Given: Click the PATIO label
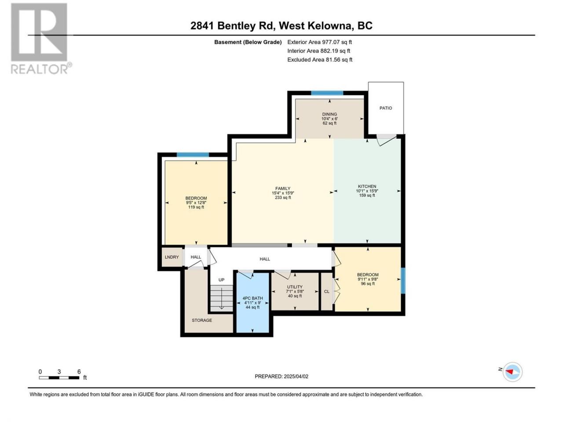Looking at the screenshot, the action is point(385,108).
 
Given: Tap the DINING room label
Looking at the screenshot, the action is point(329,114).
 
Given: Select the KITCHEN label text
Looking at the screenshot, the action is point(367,186).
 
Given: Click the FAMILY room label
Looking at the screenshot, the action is point(283,189).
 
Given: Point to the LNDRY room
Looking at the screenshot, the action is point(172,257).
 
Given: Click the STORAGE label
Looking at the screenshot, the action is point(202,320).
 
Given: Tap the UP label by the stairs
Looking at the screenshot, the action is point(221,280).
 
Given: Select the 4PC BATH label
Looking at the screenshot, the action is point(252,298).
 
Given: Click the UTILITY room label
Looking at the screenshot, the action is point(294,287).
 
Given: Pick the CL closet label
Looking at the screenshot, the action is point(326,291).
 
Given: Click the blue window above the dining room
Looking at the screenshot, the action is point(327,93).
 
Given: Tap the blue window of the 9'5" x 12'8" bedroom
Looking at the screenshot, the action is point(193,155).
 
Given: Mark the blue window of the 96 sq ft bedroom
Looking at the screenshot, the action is point(403,280).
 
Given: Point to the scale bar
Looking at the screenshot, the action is point(59,378).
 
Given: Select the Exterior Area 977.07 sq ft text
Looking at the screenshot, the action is point(320,42).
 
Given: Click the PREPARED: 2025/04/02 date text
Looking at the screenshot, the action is point(281,376).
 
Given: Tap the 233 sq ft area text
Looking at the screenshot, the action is point(283,197).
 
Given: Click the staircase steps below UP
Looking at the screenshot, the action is point(222,298).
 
